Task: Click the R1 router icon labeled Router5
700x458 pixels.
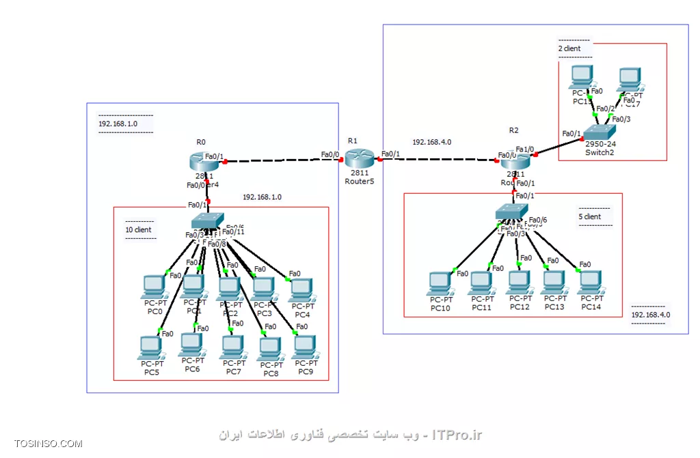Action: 356,158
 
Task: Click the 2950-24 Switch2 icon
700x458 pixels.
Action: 600,132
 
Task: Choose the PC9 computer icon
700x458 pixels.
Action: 304,347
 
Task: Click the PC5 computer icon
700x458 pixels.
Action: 150,347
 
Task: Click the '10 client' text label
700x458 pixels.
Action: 138,230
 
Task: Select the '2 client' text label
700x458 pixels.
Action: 571,49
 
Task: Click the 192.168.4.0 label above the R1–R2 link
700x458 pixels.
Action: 431,142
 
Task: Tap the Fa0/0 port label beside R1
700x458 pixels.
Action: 330,154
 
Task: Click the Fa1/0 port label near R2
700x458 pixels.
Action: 524,149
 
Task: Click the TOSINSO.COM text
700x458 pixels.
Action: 48,444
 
